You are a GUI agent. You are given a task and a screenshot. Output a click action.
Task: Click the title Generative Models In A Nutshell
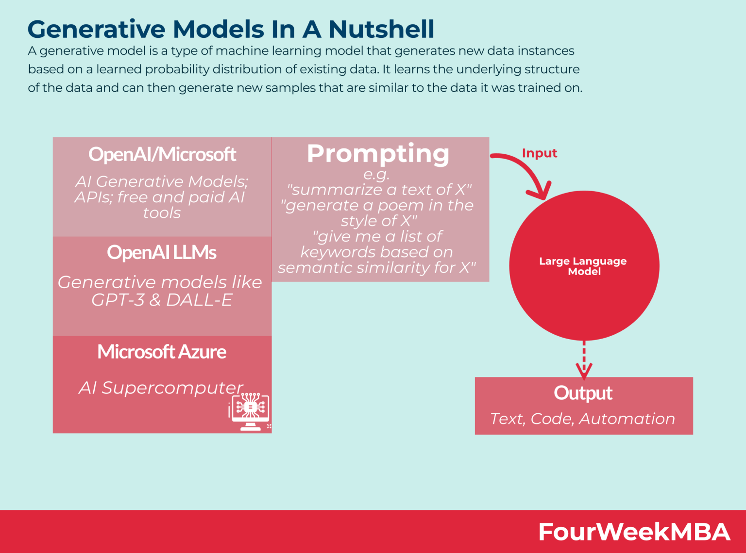pos(231,29)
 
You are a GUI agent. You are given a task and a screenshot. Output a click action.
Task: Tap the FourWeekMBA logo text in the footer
pos(634,532)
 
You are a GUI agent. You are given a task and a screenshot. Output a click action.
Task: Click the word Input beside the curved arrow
pos(539,153)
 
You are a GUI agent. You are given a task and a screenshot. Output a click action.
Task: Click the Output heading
pos(583,393)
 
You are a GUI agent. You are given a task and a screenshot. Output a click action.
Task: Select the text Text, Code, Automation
pos(582,419)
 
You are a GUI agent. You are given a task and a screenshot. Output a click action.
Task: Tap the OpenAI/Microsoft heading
pos(162,154)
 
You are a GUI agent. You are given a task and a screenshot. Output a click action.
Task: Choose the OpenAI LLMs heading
pos(162,252)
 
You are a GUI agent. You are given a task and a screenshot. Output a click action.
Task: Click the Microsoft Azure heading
pos(162,352)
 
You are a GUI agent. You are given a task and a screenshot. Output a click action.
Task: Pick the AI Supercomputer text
pos(161,388)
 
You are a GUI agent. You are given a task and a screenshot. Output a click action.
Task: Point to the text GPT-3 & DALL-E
pos(162,300)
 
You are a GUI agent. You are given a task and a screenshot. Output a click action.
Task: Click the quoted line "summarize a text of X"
pos(379,190)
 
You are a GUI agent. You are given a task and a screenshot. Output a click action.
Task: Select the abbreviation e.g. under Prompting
pos(376,174)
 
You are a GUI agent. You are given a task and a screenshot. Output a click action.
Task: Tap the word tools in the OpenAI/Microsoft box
pos(162,213)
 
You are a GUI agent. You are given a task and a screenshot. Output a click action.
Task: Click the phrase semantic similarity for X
pos(376,268)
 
